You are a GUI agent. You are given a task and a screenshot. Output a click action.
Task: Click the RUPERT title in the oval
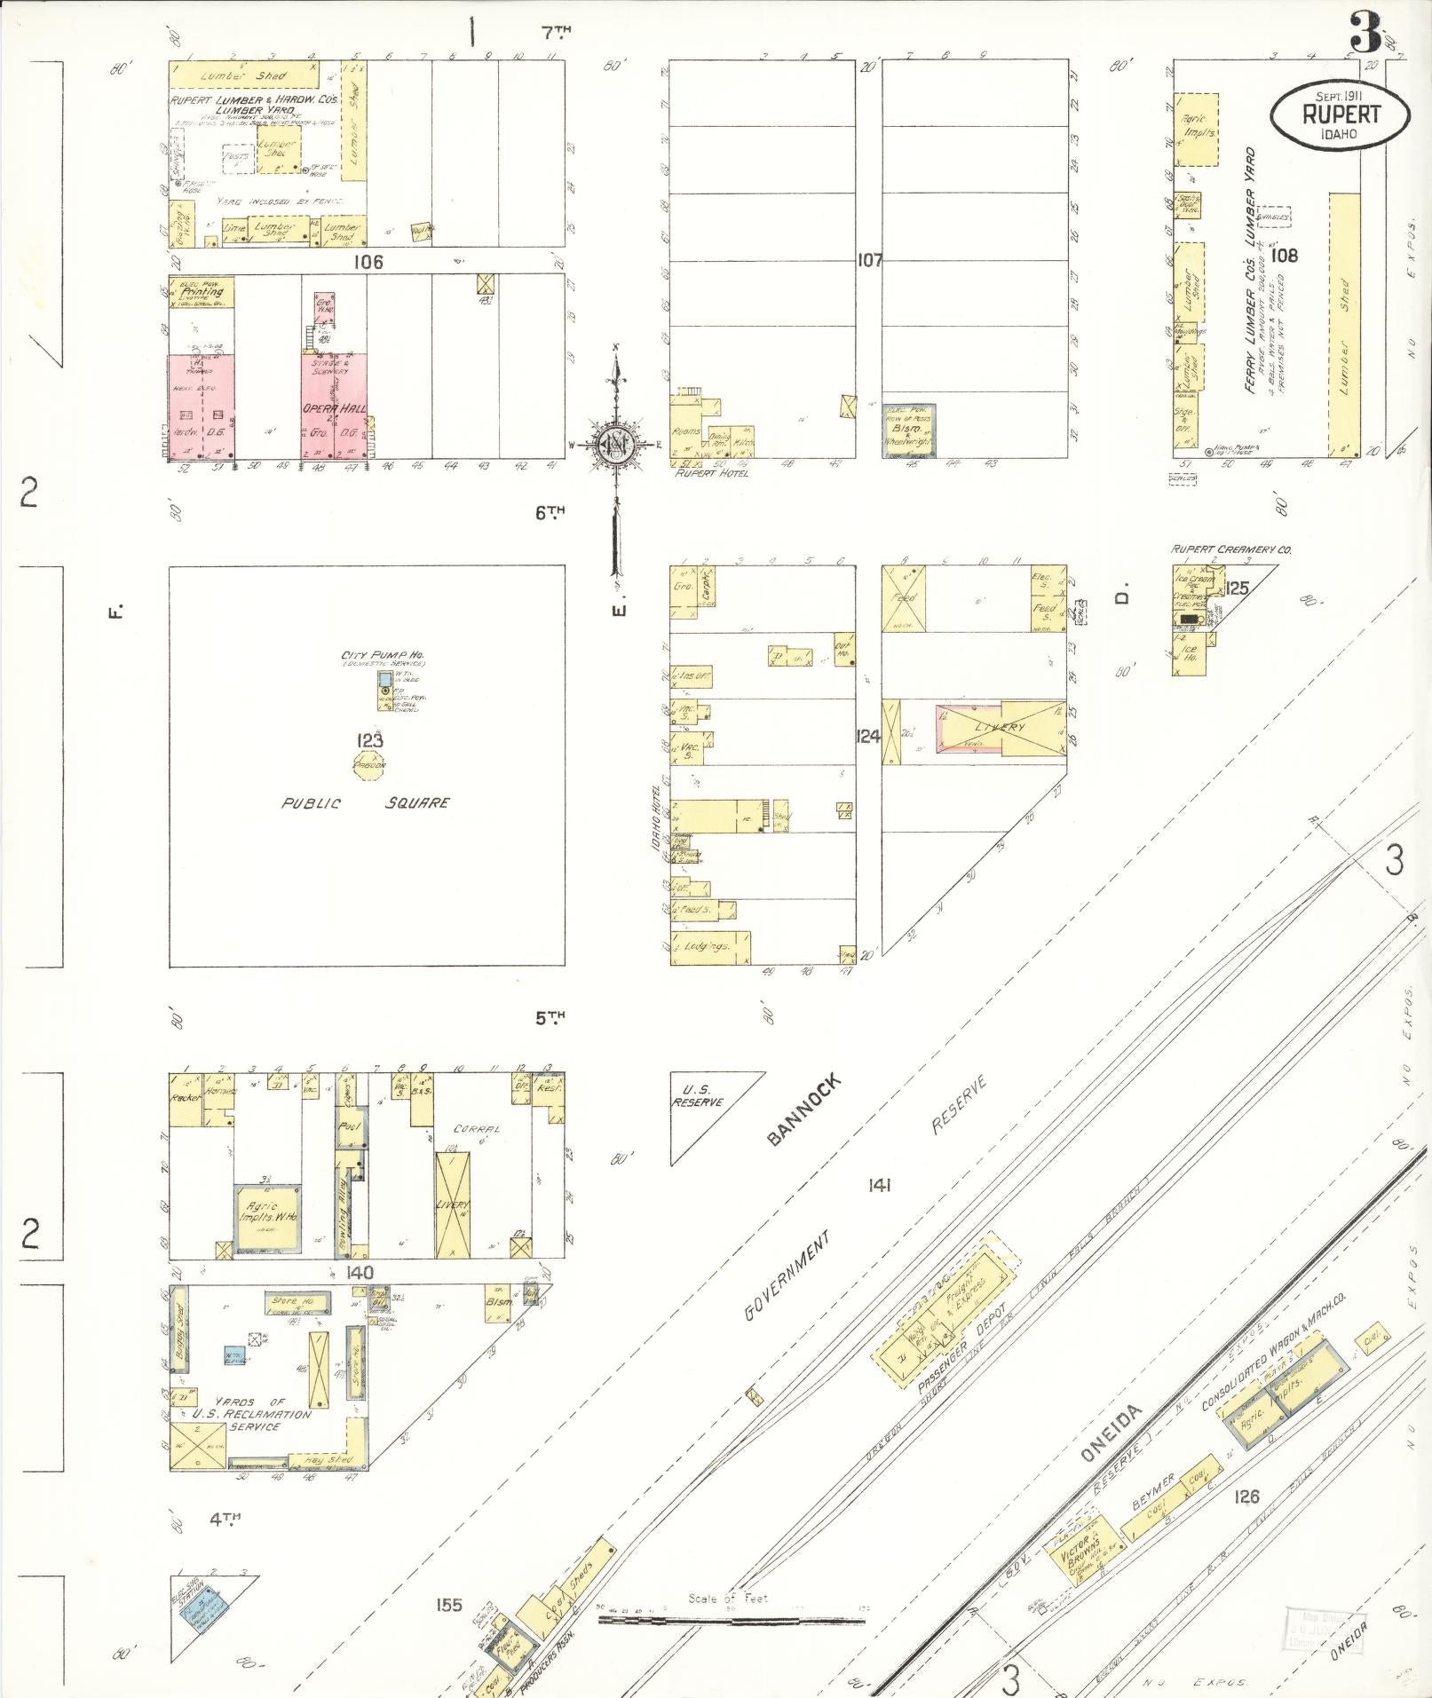1341,114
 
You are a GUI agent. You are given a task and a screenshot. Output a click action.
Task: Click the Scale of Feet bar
731,1620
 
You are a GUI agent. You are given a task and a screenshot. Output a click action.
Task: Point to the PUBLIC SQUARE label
365,803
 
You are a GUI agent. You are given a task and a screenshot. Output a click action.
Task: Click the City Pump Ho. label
383,656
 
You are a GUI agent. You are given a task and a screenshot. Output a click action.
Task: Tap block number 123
369,741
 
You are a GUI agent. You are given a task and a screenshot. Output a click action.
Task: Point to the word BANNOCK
802,1110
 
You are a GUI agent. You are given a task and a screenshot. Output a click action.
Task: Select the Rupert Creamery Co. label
1230,549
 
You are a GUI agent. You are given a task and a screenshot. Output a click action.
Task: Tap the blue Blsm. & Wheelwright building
908,430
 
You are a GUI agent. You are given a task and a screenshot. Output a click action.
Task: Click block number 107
869,261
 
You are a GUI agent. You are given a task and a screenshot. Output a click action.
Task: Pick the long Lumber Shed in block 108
1344,324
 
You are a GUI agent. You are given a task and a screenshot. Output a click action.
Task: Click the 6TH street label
550,512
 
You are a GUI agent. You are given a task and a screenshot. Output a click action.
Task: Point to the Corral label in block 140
478,1129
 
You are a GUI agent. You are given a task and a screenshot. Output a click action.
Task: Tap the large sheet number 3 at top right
1365,36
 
